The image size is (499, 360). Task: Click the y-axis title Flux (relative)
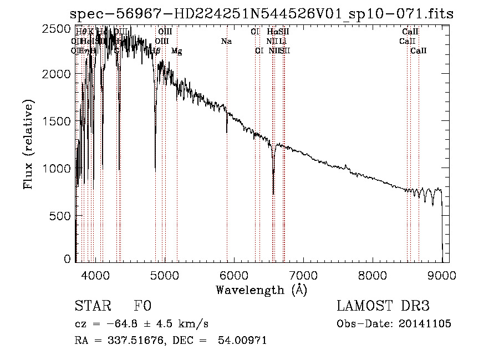point(28,144)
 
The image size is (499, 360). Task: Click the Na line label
point(226,41)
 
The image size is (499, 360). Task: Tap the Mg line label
point(176,51)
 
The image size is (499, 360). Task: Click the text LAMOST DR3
point(383,306)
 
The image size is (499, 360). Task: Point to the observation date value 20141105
point(426,324)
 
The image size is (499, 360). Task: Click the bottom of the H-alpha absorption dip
point(273,194)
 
